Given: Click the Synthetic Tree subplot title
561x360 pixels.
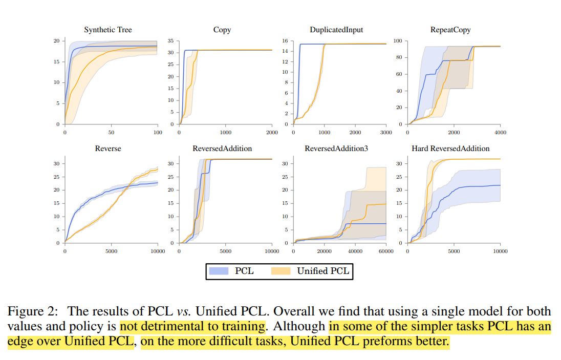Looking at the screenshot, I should [108, 30].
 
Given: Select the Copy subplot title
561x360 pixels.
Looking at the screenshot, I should [222, 30].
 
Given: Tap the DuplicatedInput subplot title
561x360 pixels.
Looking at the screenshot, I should [336, 30].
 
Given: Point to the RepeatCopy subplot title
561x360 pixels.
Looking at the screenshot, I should [450, 30].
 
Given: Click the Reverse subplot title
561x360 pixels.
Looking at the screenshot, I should [108, 149].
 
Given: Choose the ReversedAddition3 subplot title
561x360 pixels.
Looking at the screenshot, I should [336, 149].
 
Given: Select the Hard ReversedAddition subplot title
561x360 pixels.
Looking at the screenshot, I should [450, 149].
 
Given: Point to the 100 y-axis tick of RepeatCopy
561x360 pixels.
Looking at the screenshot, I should [397, 41].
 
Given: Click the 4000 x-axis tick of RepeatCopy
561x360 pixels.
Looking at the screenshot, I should [500, 133].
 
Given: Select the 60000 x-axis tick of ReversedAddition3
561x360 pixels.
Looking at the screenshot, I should [385, 251].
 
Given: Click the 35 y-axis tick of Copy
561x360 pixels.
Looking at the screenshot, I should [170, 41].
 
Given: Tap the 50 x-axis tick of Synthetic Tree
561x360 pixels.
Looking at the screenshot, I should [111, 133].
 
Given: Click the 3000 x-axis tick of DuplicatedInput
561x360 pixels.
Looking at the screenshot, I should [385, 133].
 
